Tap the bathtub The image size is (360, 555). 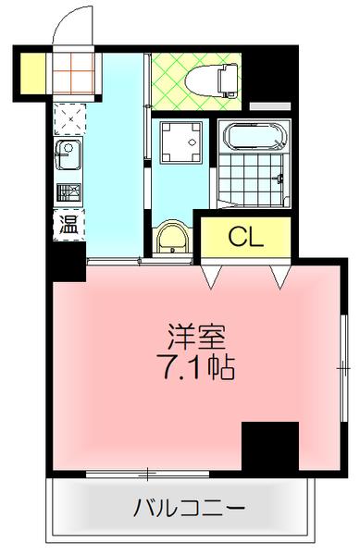click(x=252, y=138)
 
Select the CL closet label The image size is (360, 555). click(x=246, y=235)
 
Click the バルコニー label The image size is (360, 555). click(x=190, y=508)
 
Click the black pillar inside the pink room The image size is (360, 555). click(x=269, y=447)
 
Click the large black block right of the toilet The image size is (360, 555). click(x=269, y=74)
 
